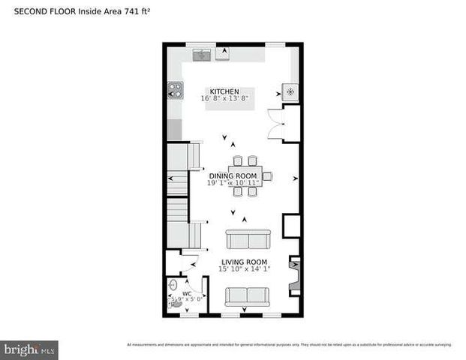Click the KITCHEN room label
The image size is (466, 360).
click(224, 91)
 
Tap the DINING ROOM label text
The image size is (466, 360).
click(233, 175)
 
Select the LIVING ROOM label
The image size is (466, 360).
click(245, 262)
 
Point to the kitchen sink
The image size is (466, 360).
click(201, 55)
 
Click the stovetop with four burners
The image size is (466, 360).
click(175, 89)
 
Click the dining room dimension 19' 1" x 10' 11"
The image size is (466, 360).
click(233, 183)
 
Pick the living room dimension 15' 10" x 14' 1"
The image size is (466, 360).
click(245, 269)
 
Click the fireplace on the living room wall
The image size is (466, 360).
click(294, 272)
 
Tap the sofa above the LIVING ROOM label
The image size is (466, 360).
click(248, 240)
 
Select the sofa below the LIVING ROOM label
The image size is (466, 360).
click(246, 296)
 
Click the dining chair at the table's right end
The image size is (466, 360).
click(267, 176)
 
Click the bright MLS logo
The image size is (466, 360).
click(29, 349)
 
